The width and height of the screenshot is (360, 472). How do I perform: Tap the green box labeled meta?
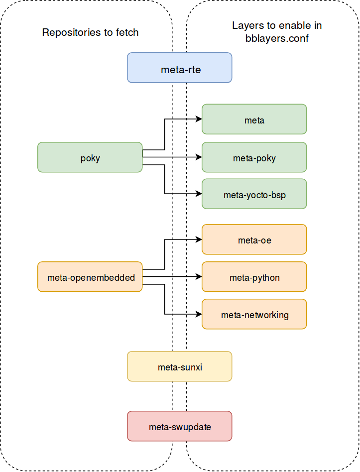pos(254,119)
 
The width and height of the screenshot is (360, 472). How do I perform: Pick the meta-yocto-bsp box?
pos(254,194)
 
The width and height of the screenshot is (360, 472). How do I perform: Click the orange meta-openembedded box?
pos(90,277)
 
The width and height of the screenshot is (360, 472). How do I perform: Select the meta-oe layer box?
pos(254,239)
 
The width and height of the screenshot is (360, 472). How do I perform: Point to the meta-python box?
pos(254,277)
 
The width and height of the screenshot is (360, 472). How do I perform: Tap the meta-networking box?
pos(254,314)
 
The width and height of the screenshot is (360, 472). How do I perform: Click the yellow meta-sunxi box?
pos(180,366)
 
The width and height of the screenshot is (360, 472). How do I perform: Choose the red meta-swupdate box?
pos(180,426)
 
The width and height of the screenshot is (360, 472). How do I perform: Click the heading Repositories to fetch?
pos(90,33)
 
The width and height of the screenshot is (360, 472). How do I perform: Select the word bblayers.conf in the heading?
pos(277,38)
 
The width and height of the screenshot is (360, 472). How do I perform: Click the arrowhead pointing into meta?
pos(199,119)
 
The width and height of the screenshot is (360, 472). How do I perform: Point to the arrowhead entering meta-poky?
pos(199,157)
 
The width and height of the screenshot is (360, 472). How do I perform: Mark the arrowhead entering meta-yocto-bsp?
pos(199,194)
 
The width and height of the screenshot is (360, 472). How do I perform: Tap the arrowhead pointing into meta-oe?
pos(199,239)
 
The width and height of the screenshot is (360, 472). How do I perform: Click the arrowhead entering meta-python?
pos(199,277)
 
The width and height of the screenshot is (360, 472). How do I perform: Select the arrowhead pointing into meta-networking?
pos(199,314)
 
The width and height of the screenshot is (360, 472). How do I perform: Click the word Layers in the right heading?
pos(245,26)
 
